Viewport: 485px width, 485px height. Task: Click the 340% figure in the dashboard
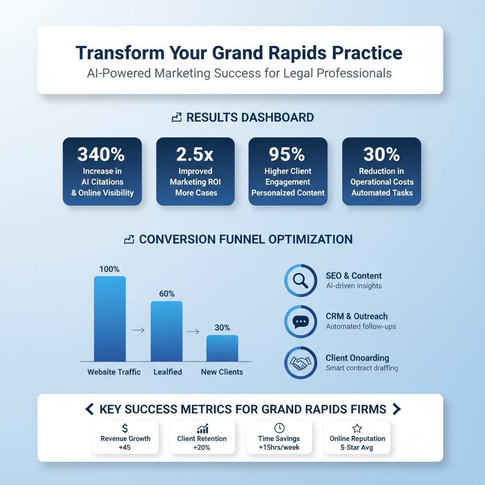[x=101, y=154]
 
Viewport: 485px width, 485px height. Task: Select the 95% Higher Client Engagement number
[x=287, y=154]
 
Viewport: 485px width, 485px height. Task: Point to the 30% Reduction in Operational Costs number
[x=382, y=154]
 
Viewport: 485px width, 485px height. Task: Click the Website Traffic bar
[x=110, y=319]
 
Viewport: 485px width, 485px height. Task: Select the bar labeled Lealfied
[x=166, y=331]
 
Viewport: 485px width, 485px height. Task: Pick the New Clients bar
[x=222, y=348]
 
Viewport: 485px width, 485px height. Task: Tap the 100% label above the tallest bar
[x=109, y=269]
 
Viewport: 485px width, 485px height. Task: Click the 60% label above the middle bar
[x=167, y=294]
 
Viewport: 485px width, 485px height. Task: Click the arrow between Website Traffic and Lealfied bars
[x=138, y=330]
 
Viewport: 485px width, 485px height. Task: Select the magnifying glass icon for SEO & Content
[x=300, y=281]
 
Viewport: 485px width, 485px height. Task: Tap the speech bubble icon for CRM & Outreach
[x=300, y=322]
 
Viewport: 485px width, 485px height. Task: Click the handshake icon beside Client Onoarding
[x=300, y=363]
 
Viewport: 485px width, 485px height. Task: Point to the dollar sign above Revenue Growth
[x=125, y=428]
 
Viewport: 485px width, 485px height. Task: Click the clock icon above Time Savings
[x=279, y=428]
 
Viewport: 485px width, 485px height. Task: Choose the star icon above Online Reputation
[x=357, y=428]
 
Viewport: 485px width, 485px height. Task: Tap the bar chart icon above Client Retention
[x=203, y=429]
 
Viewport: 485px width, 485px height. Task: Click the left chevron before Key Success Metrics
[x=89, y=409]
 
